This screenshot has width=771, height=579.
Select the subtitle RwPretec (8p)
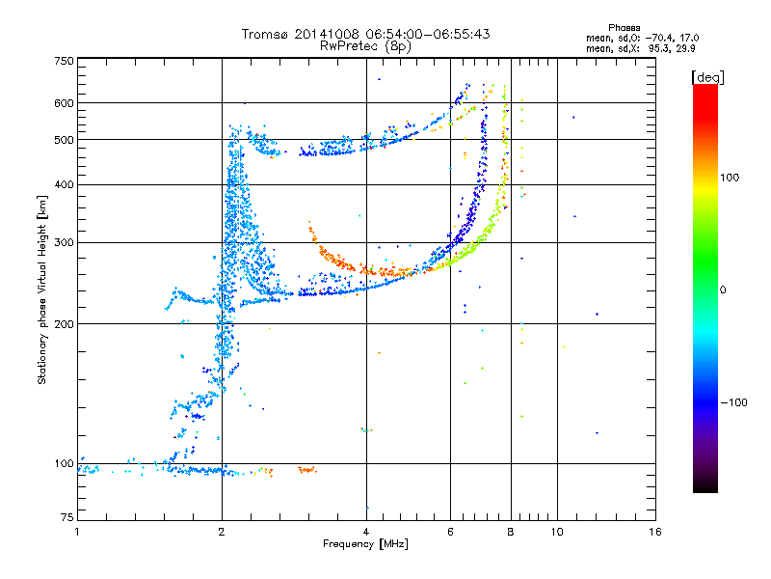click(365, 46)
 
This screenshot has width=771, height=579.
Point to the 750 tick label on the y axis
click(64, 61)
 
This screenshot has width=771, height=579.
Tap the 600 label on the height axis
click(64, 103)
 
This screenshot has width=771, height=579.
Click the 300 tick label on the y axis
click(64, 242)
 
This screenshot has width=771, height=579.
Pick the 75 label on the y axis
click(67, 517)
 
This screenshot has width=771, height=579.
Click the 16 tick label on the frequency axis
click(655, 532)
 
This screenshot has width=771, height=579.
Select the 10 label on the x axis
click(557, 532)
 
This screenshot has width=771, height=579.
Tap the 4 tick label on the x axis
click(366, 532)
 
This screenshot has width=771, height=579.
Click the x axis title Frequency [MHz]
click(365, 544)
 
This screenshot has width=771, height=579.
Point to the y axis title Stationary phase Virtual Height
click(42, 289)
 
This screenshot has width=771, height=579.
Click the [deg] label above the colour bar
click(707, 77)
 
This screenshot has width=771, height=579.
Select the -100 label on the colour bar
click(733, 402)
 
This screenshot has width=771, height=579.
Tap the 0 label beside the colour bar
click(723, 289)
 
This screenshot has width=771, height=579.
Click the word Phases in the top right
click(624, 28)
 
